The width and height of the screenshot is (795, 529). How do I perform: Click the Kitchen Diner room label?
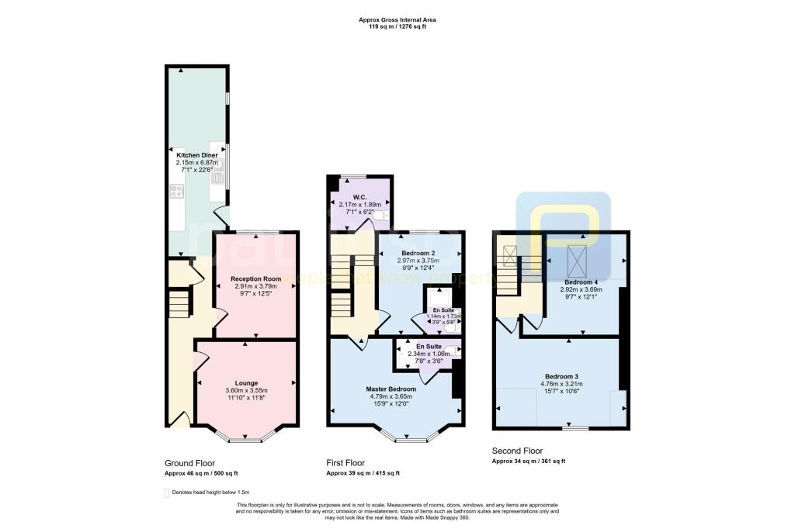(x=196, y=155)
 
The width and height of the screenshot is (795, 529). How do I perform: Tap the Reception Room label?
(x=255, y=278)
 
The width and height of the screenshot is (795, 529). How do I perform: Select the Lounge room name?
(x=246, y=382)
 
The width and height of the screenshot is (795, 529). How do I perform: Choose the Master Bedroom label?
(x=391, y=389)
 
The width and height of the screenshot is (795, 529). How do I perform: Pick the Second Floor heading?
(x=518, y=451)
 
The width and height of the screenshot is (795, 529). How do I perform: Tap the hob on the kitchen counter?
(x=176, y=191)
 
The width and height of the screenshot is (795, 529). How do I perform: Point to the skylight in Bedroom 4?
(x=577, y=258)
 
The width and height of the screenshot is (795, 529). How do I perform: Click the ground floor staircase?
(x=179, y=303)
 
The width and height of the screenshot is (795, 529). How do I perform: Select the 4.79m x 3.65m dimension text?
(x=391, y=396)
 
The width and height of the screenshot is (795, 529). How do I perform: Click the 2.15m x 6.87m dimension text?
(x=196, y=162)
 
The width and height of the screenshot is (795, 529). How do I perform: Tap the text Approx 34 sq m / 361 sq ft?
(x=529, y=462)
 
